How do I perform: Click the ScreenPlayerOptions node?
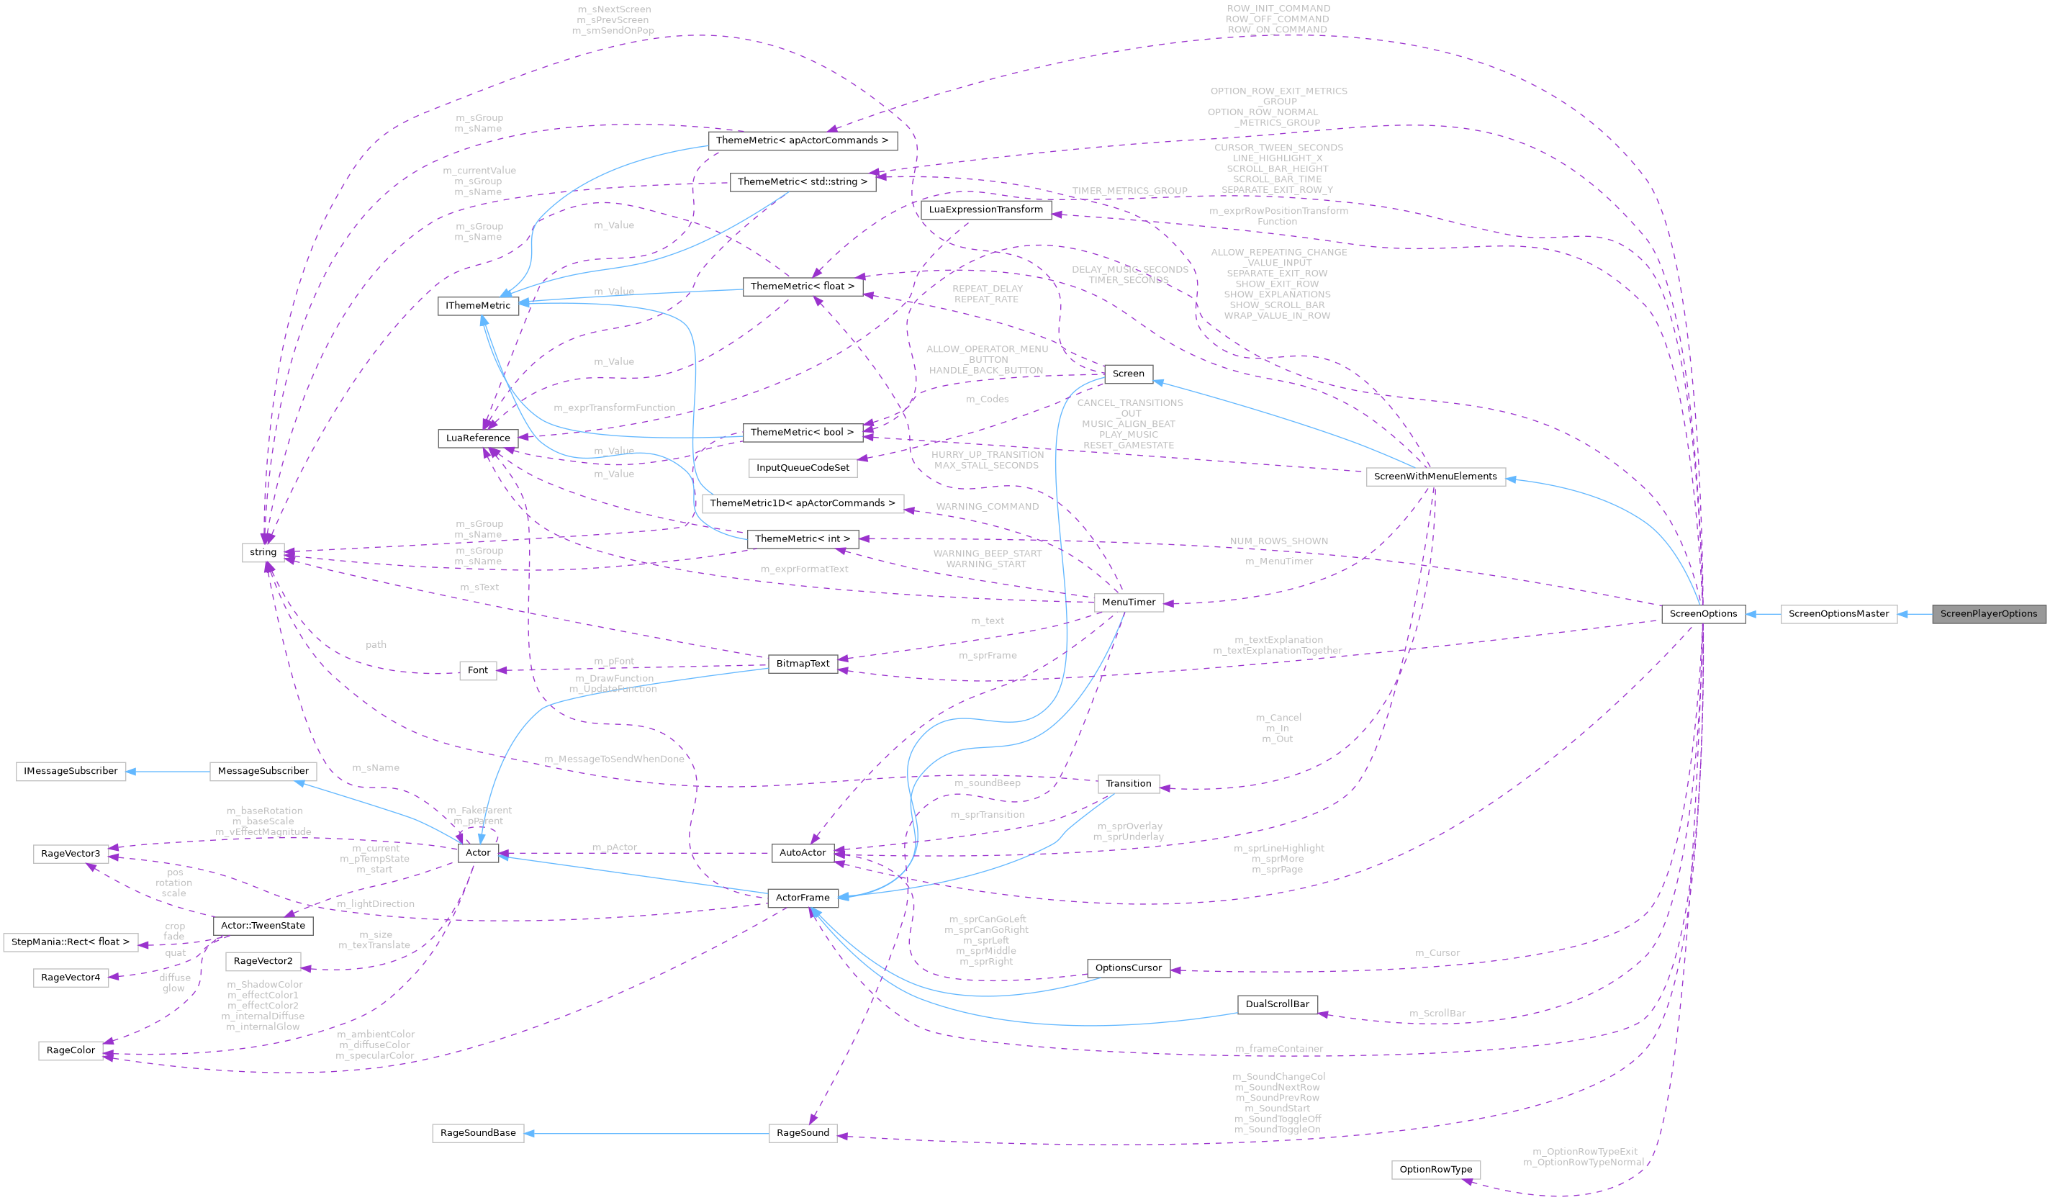coord(1988,614)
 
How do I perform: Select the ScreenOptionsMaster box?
coord(1838,614)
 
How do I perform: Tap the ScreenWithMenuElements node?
coord(1435,477)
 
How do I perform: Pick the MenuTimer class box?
coord(1129,603)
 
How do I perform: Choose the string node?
coord(263,552)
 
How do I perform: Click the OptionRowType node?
coord(1436,1170)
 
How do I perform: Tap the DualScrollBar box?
coord(1277,1005)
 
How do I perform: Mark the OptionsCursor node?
coord(1129,968)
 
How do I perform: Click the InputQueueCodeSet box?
coord(803,468)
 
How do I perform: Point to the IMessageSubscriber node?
coord(71,771)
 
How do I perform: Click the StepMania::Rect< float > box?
coord(71,942)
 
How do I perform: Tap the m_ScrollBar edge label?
coord(1437,1014)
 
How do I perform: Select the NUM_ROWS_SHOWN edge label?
coord(1279,542)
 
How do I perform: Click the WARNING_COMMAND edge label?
coord(988,507)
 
